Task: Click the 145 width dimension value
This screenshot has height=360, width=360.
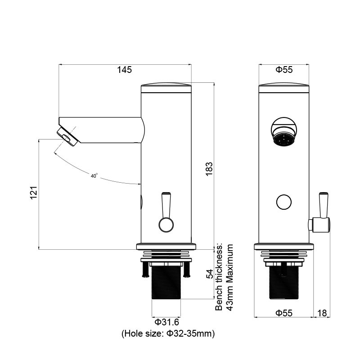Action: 124,70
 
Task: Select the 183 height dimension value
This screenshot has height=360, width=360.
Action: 208,169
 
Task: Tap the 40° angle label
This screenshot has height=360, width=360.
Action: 94,176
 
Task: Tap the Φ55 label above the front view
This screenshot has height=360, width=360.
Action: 284,70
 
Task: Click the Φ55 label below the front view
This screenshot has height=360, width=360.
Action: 284,313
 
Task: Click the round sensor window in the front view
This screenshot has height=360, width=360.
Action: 284,202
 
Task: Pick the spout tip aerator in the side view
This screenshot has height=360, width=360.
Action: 67,136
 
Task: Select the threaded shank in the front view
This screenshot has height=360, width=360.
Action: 284,282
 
